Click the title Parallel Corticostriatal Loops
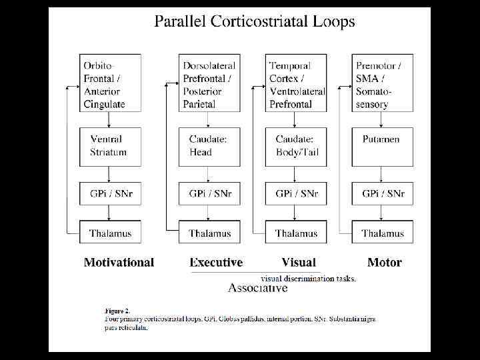click(255, 21)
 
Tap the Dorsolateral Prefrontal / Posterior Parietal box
click(210, 83)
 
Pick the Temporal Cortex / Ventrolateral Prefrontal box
click(297, 83)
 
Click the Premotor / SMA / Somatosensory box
click(383, 83)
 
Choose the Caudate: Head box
click(210, 145)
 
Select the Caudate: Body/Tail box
click(297, 145)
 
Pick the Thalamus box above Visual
click(297, 233)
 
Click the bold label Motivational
click(119, 263)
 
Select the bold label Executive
click(216, 263)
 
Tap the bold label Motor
click(385, 263)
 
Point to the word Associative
click(258, 288)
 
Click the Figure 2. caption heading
click(117, 310)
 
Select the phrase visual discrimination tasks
click(308, 279)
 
